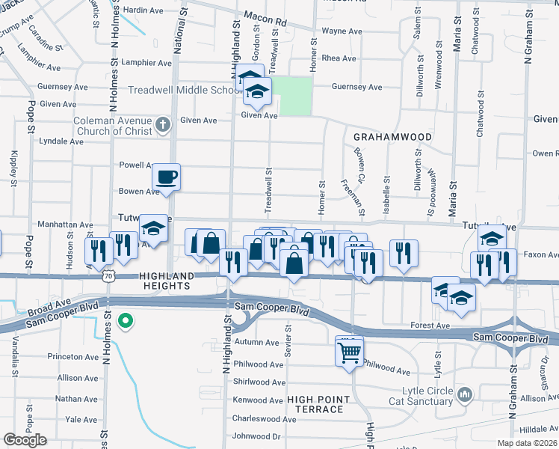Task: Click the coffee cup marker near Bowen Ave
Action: (x=166, y=178)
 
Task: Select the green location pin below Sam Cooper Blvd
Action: (x=126, y=322)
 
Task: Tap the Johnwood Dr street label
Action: (x=256, y=436)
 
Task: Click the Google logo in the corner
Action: (x=25, y=440)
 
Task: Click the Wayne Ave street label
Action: (x=342, y=31)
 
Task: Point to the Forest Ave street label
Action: (x=430, y=326)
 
